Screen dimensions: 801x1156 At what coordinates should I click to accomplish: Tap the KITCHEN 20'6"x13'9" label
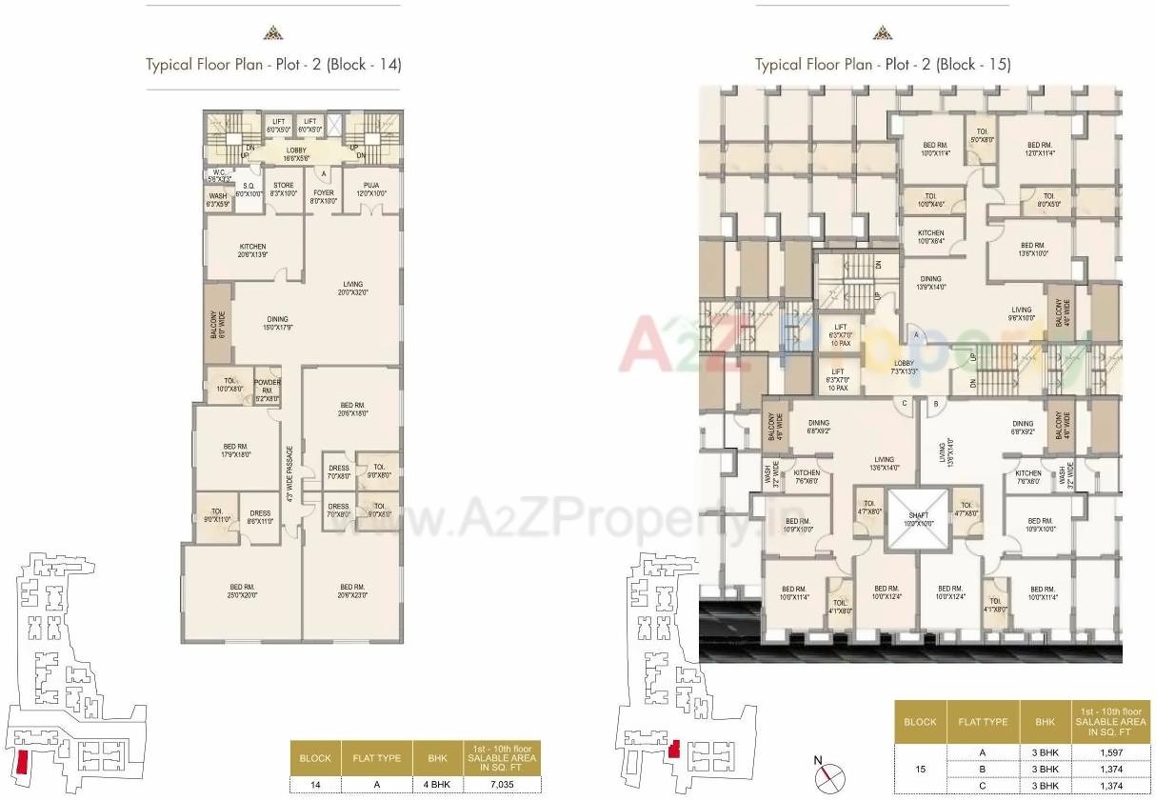tap(252, 250)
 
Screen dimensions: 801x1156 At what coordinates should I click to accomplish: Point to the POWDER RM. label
tap(267, 386)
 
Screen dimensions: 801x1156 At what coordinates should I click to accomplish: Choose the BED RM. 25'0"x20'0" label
tap(242, 591)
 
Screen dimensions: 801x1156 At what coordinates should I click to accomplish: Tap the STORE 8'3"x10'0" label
tap(283, 190)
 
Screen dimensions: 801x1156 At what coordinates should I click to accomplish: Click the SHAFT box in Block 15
tap(919, 520)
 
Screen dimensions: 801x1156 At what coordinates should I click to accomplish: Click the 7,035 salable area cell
tap(503, 785)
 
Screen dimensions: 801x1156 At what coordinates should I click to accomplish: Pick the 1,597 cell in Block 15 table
tap(1112, 752)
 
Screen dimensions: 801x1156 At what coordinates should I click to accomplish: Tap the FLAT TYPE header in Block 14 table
tap(373, 758)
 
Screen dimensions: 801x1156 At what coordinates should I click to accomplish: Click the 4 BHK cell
tap(437, 785)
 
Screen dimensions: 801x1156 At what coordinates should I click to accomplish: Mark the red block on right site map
tap(673, 750)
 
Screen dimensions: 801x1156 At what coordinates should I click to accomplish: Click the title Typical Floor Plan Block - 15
tap(883, 65)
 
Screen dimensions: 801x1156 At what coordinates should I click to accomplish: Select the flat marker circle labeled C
tap(903, 404)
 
